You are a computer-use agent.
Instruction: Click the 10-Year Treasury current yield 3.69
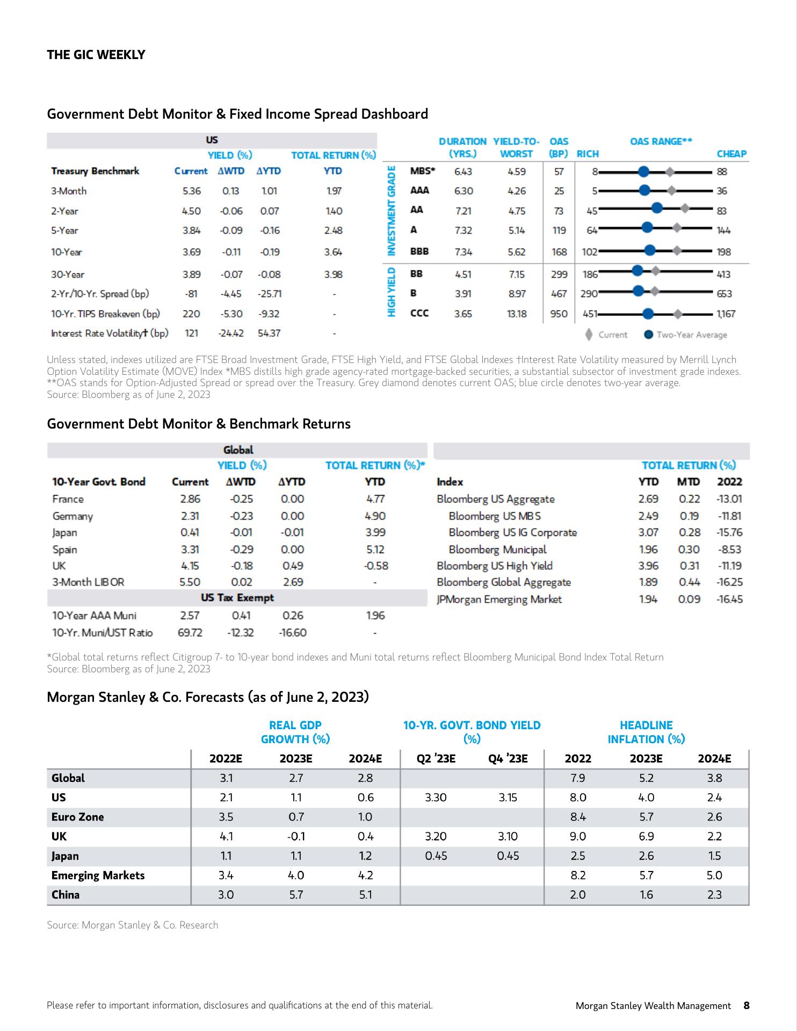(x=191, y=252)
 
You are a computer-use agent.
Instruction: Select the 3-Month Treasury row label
(x=69, y=191)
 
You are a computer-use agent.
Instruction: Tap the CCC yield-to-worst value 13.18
(x=517, y=314)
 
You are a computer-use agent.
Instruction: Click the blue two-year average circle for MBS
(x=644, y=172)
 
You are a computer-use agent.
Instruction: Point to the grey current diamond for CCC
(x=678, y=314)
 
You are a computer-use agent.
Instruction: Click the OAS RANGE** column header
(x=661, y=141)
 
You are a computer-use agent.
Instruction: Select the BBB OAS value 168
(x=559, y=252)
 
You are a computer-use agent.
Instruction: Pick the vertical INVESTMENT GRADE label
(x=392, y=211)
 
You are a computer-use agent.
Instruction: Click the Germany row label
(x=73, y=516)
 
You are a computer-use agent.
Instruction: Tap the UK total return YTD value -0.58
(x=375, y=565)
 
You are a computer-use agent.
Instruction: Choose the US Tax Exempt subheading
(x=237, y=598)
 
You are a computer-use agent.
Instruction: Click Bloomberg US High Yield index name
(x=494, y=565)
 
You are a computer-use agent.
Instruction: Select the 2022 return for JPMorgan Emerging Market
(x=729, y=599)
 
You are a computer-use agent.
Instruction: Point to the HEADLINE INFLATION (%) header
(x=646, y=732)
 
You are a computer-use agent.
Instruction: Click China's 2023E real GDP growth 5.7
(x=296, y=895)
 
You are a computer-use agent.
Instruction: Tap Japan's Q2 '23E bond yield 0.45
(x=436, y=856)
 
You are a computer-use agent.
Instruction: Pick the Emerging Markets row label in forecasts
(x=98, y=875)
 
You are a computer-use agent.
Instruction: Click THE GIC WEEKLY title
(x=96, y=55)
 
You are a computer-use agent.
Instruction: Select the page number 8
(x=746, y=1005)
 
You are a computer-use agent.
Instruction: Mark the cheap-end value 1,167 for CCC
(x=726, y=314)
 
